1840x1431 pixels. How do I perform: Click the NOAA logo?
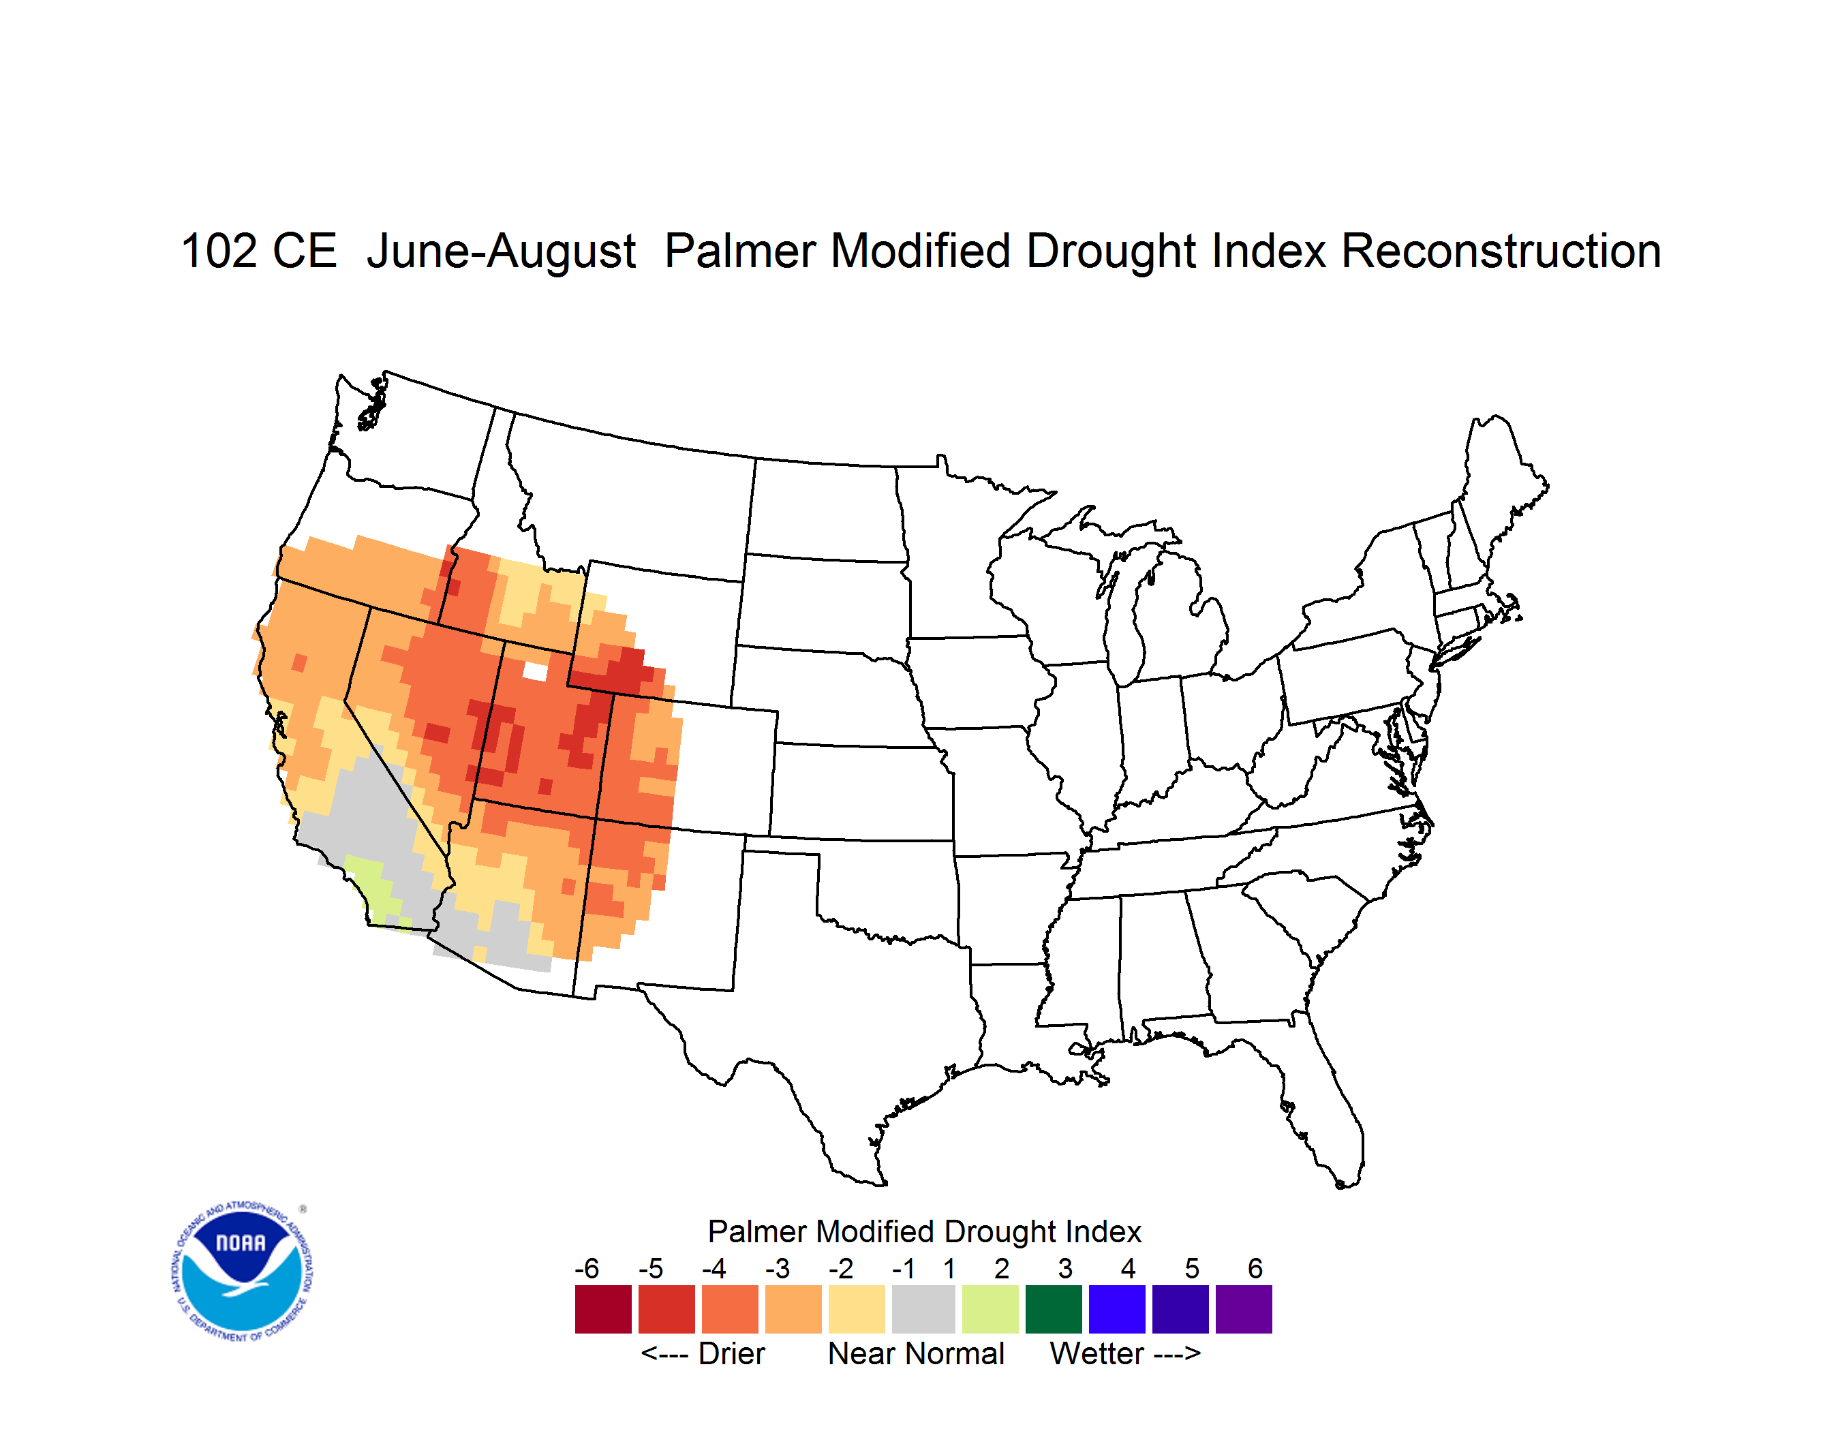click(243, 1271)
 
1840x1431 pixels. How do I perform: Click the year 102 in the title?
click(219, 251)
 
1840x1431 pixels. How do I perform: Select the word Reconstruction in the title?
click(1501, 251)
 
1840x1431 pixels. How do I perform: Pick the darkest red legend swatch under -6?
click(603, 1309)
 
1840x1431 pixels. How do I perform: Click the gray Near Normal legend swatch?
click(923, 1309)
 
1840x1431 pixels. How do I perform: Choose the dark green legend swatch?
click(1053, 1309)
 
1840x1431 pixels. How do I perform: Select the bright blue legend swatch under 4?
click(1117, 1309)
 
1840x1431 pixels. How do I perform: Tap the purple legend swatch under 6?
click(1244, 1309)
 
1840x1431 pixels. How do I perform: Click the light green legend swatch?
click(990, 1309)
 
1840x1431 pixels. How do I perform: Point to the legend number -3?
click(777, 1268)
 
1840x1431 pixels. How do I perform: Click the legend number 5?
click(1192, 1268)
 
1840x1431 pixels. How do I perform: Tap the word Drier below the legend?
click(731, 1353)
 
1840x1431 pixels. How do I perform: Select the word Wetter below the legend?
click(1097, 1353)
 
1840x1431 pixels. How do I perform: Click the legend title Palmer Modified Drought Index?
click(924, 1231)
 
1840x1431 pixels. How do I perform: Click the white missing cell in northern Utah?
click(535, 671)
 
